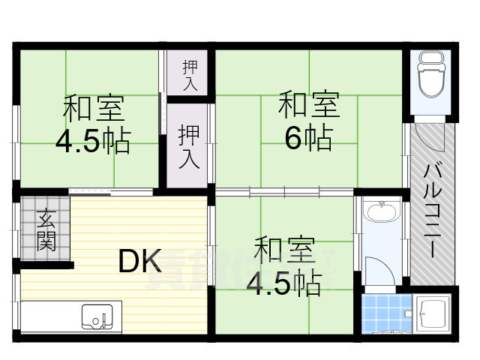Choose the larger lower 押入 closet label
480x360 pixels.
point(188,145)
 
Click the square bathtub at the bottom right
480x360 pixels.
point(430,313)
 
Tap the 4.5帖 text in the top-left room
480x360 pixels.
point(93,140)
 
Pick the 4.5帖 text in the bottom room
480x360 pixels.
point(286,282)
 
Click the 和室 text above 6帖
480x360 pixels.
point(308,105)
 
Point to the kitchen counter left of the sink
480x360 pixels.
point(49,317)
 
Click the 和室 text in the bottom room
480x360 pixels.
point(284,250)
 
